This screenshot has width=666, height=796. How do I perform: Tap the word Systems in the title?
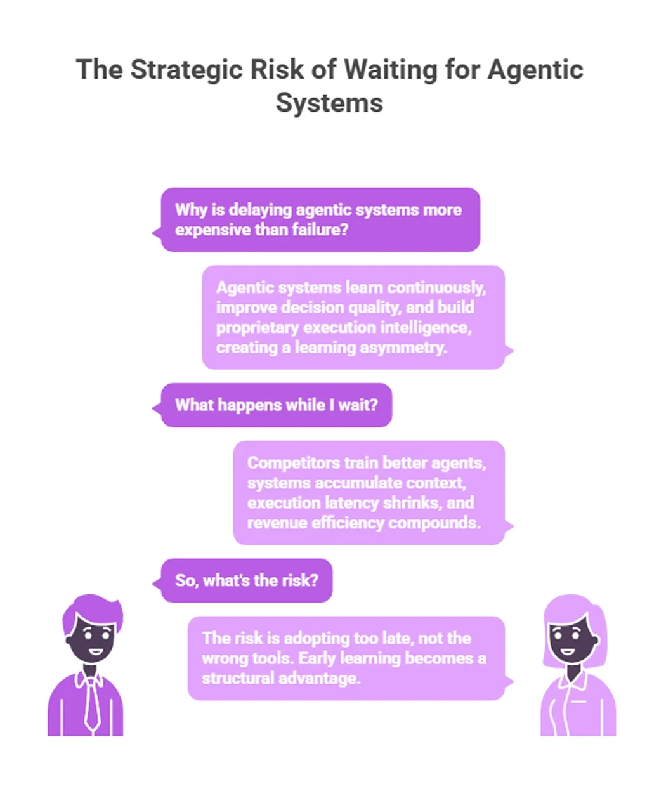(x=329, y=103)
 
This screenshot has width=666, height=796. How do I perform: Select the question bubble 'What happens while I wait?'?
(x=276, y=405)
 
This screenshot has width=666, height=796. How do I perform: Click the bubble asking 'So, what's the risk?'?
(x=246, y=580)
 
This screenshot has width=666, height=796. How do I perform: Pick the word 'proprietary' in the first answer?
(x=257, y=327)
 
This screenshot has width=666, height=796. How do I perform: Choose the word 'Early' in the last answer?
(x=317, y=658)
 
